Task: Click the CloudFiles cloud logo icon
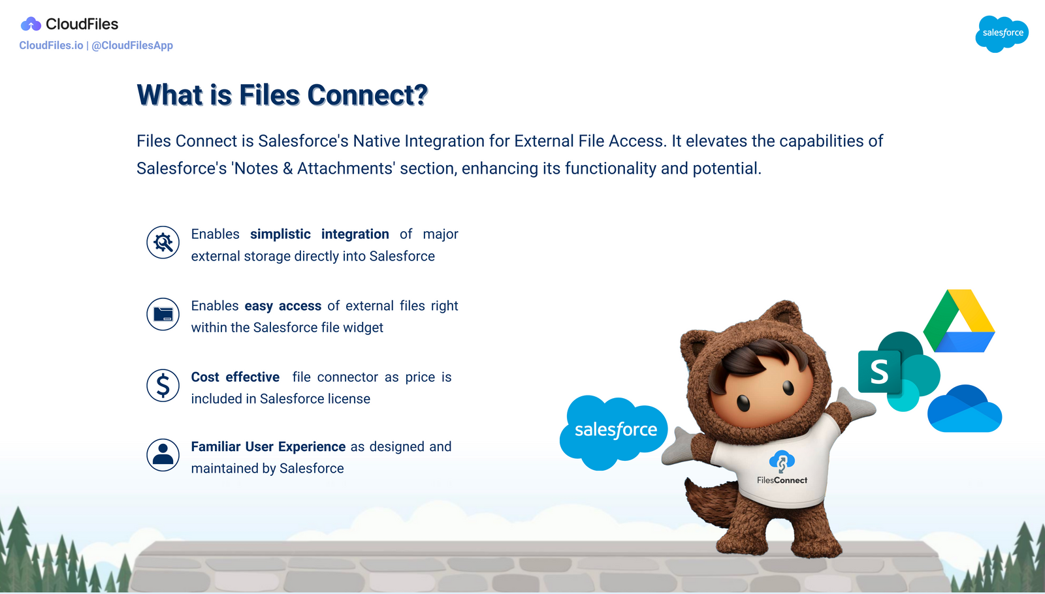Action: [x=31, y=25]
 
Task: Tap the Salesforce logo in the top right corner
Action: [x=1002, y=33]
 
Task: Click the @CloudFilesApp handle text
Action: [x=132, y=46]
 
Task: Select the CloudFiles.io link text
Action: [x=51, y=46]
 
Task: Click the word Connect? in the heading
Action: [x=367, y=95]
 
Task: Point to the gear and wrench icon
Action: [x=163, y=243]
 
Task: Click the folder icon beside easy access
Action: [x=163, y=314]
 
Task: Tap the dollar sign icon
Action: [x=163, y=385]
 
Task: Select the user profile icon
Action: [x=163, y=455]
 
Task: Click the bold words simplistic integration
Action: [x=319, y=234]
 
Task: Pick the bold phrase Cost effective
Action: [x=235, y=377]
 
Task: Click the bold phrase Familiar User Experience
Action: [x=268, y=447]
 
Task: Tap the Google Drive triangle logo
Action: [x=959, y=322]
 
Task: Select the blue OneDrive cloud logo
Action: [x=965, y=410]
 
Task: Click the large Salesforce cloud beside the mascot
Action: [x=614, y=431]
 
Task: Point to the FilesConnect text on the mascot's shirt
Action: [x=782, y=480]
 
